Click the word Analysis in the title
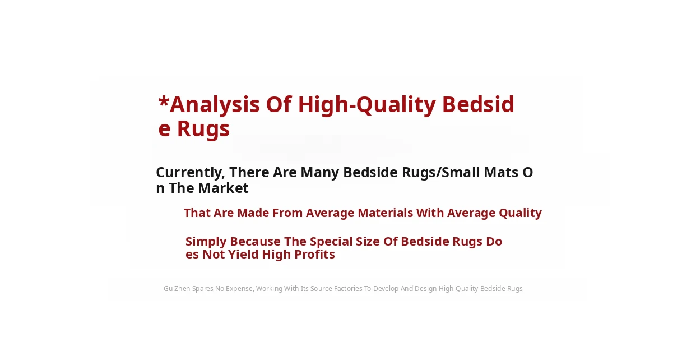[x=215, y=105]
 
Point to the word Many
[x=320, y=173]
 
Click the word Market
[x=223, y=188]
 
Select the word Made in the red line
[x=254, y=213]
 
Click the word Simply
[x=206, y=242]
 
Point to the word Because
[x=255, y=242]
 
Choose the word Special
[x=331, y=242]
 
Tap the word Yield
[x=243, y=255]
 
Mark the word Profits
[x=314, y=255]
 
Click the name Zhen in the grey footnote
[x=182, y=289]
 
